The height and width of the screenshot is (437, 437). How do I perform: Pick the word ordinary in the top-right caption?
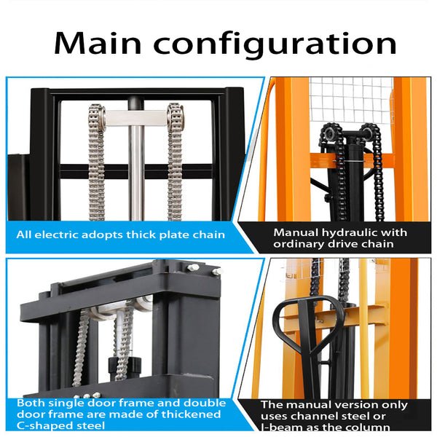click(x=304, y=244)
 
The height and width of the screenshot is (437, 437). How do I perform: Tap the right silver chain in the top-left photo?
click(x=175, y=164)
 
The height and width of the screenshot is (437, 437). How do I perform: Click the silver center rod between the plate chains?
click(x=135, y=168)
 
